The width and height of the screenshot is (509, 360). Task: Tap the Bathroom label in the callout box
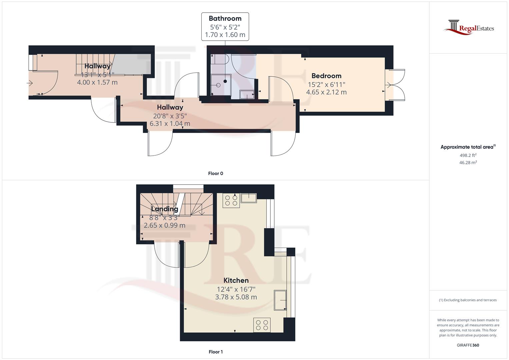pos(225,18)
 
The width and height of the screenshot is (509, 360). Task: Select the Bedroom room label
pos(326,76)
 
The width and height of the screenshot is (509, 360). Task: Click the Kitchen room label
pos(236,280)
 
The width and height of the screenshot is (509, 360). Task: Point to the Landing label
pos(165,209)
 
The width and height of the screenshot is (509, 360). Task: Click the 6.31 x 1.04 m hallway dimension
pos(170,124)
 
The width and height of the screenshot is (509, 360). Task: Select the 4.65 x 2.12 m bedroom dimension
pos(326,92)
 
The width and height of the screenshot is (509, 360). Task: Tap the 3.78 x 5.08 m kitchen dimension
pos(236,297)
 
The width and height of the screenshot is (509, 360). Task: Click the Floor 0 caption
pos(215,173)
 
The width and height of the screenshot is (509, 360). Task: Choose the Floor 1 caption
pos(215,352)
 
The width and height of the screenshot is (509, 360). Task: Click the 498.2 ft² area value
pos(468,155)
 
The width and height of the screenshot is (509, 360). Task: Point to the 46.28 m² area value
pos(468,163)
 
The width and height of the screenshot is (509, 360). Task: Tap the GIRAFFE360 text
pos(468,345)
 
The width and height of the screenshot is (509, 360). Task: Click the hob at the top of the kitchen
pos(231,200)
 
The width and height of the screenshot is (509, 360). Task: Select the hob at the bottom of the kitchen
pos(262,325)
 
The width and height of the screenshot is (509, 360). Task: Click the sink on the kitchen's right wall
pos(280,300)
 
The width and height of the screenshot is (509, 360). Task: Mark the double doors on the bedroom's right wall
pos(395,85)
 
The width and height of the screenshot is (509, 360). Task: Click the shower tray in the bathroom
pos(221,85)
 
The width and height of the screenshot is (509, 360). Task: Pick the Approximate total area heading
pos(468,147)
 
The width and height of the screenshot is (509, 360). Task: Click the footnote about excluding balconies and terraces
pos(468,300)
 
